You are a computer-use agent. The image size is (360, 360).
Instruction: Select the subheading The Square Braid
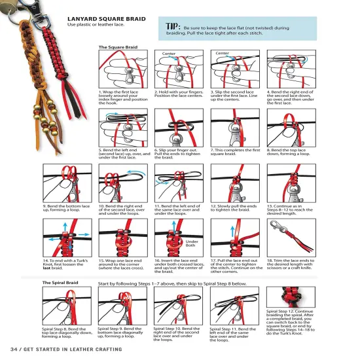[x=118, y=47]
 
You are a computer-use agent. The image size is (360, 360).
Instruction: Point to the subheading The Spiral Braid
[x=60, y=283]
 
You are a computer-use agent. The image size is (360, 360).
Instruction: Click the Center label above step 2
[x=168, y=53]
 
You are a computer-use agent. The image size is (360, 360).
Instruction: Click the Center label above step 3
[x=223, y=53]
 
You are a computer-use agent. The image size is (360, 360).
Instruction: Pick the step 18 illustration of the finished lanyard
[x=291, y=237]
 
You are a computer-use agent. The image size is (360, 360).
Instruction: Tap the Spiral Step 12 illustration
[x=291, y=297]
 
